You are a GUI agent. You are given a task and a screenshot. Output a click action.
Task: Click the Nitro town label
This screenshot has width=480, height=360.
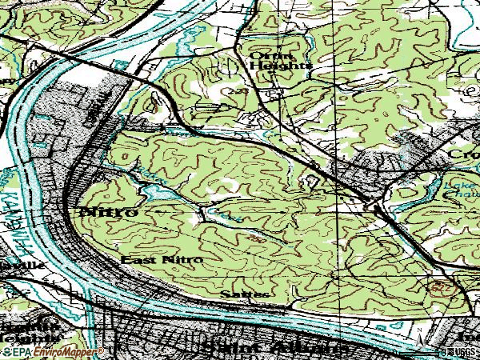pos(108,212)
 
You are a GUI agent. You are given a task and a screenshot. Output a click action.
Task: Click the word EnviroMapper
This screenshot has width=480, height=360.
pos(64,351)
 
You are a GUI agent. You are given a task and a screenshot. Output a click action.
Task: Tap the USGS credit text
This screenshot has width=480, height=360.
pos(462,351)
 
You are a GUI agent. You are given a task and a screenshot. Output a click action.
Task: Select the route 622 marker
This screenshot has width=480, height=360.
pos(438,286)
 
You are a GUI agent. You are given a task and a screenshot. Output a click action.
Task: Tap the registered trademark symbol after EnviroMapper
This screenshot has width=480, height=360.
pos(101,350)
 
